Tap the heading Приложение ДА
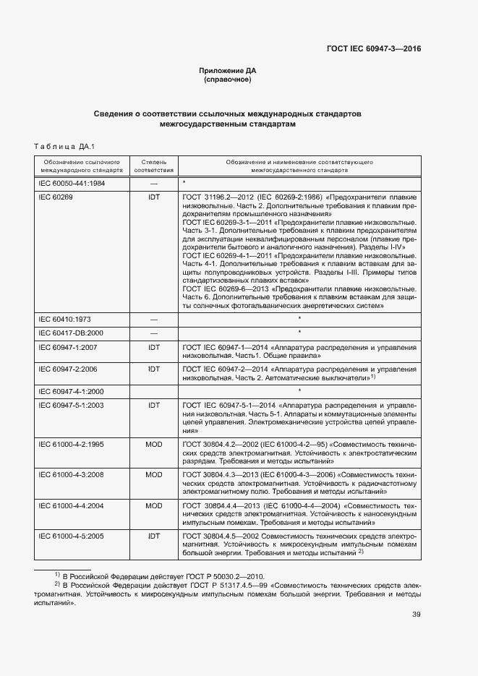228,70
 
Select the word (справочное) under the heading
228,80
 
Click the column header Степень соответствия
153,166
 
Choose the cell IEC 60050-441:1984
72,184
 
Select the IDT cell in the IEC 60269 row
153,197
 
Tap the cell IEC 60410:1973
64,319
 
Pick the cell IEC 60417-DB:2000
70,333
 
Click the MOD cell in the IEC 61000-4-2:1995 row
153,443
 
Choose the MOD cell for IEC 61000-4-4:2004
153,505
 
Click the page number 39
416,615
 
